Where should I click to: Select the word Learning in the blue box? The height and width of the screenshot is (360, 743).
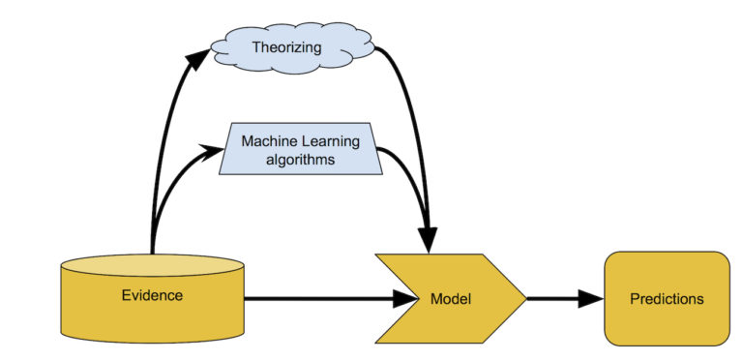(x=329, y=142)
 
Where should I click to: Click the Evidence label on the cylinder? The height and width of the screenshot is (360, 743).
(x=153, y=294)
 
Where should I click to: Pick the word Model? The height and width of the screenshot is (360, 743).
(x=450, y=298)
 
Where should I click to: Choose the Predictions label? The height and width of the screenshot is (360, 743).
(x=667, y=298)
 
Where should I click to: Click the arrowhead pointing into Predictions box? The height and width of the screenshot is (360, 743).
(x=591, y=298)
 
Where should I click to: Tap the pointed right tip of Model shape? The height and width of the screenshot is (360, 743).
(x=524, y=298)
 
